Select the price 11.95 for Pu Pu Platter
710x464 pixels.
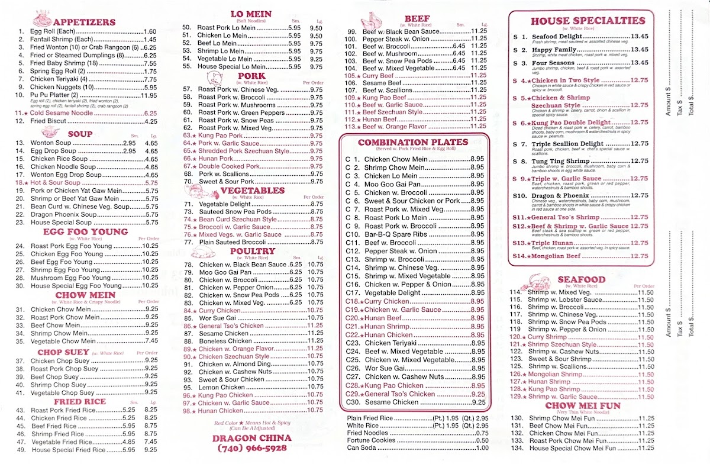coord(149,95)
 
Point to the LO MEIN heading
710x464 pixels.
coord(250,14)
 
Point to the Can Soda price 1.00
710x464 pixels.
coord(482,447)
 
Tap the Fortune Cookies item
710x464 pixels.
coord(372,440)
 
